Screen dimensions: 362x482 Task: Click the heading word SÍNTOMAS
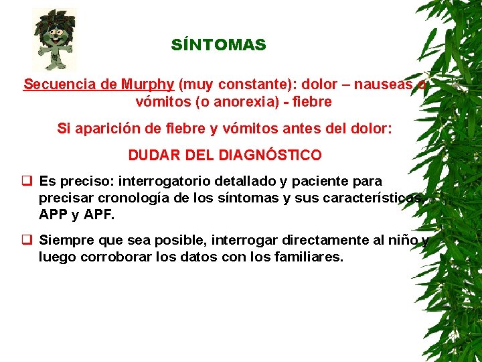pos(218,46)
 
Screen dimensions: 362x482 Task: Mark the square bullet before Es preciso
pos(27,181)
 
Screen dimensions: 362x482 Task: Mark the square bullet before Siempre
pos(27,239)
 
